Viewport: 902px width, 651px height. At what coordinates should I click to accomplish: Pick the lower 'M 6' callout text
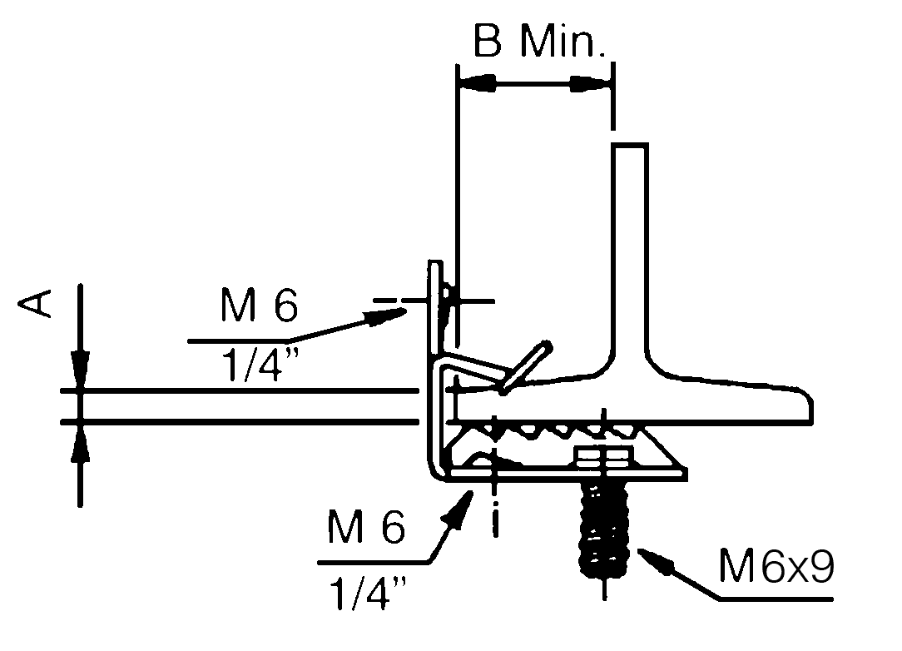367,528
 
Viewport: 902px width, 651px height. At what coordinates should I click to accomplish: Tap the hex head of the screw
601,459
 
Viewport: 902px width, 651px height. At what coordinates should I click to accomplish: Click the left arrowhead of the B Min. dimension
478,83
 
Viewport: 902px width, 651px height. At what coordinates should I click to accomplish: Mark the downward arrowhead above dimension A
80,370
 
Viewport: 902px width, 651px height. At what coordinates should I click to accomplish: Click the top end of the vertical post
631,148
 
